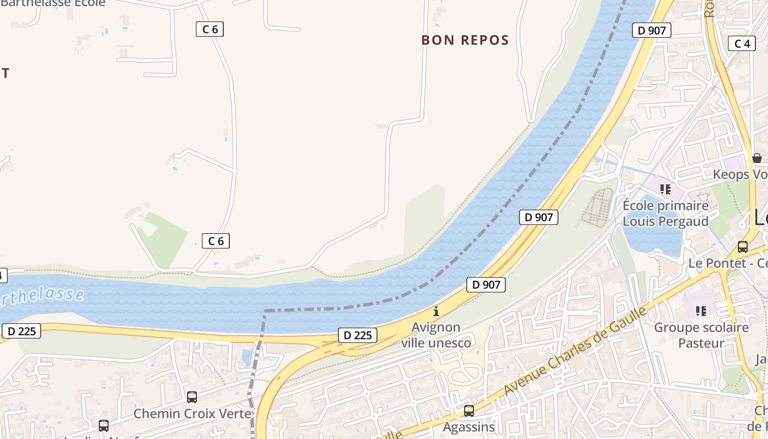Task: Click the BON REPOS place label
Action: (465, 40)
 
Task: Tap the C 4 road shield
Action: (742, 43)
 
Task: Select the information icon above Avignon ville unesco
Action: (436, 311)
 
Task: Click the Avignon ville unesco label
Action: (436, 335)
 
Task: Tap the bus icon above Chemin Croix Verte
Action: (192, 397)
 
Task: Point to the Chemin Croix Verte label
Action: (193, 413)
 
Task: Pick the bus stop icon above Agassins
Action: (469, 410)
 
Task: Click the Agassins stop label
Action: (469, 426)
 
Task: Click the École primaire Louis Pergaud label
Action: (665, 213)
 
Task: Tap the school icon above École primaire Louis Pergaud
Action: (665, 190)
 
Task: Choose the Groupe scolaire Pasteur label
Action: (701, 335)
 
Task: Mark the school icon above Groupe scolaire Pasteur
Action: (701, 311)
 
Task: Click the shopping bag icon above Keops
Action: (757, 158)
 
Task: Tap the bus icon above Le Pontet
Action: (743, 247)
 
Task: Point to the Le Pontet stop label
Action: (727, 263)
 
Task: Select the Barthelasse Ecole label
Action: (53, 3)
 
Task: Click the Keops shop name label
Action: (739, 175)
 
